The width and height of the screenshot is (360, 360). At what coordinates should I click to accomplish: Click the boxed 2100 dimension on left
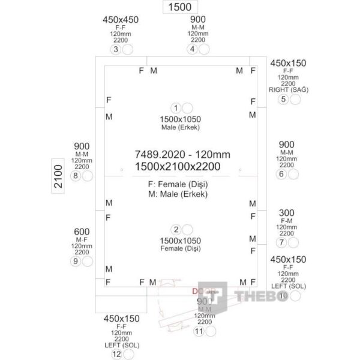pyautogui.click(x=58, y=176)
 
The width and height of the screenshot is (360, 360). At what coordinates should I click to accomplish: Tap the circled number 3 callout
pyautogui.click(x=116, y=49)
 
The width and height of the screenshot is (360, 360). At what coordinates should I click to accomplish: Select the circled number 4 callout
pyautogui.click(x=193, y=49)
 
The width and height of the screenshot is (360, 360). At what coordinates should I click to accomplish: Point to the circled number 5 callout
pyautogui.click(x=283, y=99)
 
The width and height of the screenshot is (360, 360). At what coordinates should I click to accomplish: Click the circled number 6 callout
pyautogui.click(x=281, y=174)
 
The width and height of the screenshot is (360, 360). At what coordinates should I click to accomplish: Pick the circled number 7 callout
pyautogui.click(x=281, y=243)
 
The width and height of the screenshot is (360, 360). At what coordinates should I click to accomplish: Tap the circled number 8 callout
pyautogui.click(x=75, y=176)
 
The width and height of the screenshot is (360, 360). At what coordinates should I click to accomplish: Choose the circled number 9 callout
pyautogui.click(x=75, y=262)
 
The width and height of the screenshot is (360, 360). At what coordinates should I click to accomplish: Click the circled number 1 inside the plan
pyautogui.click(x=176, y=108)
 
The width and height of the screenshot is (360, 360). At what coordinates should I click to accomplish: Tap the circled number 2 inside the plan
pyautogui.click(x=176, y=230)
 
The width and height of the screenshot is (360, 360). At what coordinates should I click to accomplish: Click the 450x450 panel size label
pyautogui.click(x=121, y=19)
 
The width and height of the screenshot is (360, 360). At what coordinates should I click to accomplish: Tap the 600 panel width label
pyautogui.click(x=82, y=232)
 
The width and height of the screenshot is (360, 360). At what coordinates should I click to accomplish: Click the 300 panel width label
pyautogui.click(x=287, y=214)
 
